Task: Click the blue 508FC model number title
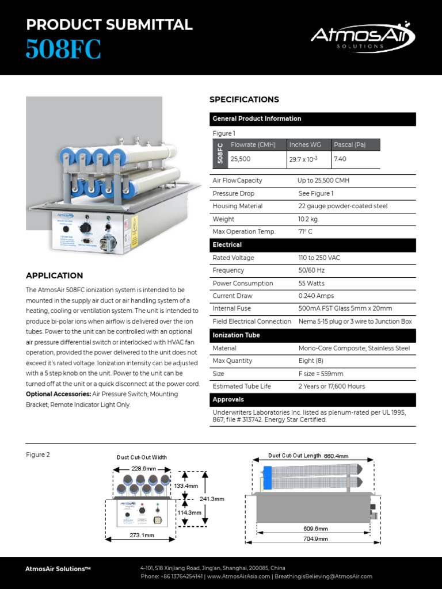coord(63,50)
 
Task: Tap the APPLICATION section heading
coord(55,276)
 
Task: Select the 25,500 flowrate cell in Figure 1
coord(241,159)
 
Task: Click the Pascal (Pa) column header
coord(349,145)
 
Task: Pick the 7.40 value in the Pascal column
coord(340,159)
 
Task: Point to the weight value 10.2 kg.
coord(308,219)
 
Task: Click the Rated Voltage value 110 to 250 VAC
coord(319,258)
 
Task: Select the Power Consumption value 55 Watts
coord(311,283)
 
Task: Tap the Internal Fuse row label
coord(231,309)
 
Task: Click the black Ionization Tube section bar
coord(313,335)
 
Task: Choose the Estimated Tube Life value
coord(331,387)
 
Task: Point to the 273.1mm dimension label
coord(142,536)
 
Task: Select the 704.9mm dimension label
coord(315,539)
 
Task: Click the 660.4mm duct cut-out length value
coord(336,456)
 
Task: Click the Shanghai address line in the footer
coord(213,568)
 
